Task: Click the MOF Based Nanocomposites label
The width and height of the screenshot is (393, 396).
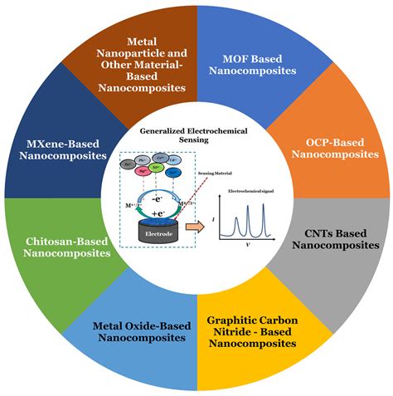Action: click(x=260, y=64)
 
